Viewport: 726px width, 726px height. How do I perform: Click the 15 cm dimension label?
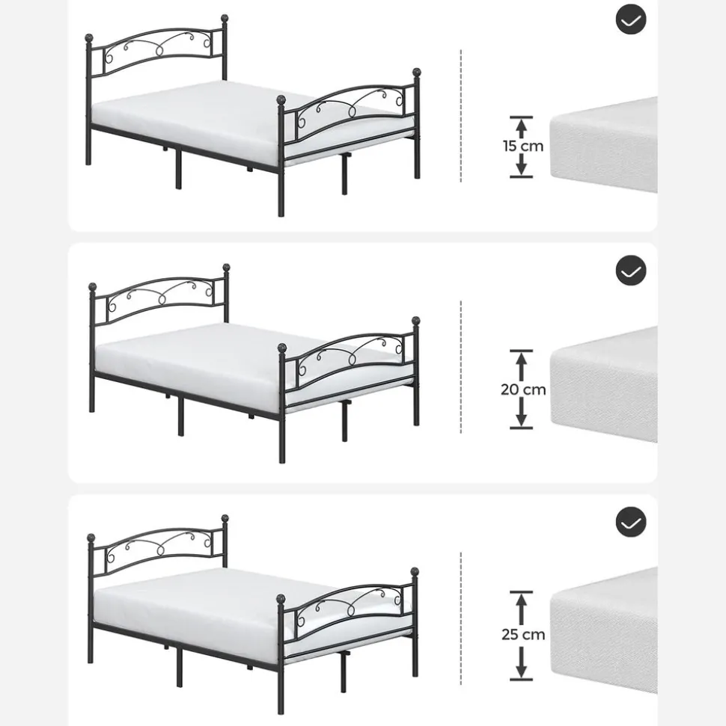(523, 146)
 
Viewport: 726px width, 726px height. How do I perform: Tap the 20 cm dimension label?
(523, 390)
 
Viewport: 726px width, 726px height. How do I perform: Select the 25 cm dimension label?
(523, 634)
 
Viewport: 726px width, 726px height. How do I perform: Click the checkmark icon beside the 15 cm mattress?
(630, 19)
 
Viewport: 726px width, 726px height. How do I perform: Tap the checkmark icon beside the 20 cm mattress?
(630, 271)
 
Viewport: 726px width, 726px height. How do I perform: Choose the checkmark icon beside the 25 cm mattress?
(630, 522)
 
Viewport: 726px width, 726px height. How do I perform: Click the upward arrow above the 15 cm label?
(521, 127)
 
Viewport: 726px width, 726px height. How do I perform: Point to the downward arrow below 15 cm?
(521, 166)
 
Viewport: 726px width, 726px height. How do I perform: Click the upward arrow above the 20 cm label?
(521, 365)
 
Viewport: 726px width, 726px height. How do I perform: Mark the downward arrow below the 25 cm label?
(521, 662)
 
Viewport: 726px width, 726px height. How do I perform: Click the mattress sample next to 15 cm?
(603, 145)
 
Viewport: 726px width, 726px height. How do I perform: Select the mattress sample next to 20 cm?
(603, 384)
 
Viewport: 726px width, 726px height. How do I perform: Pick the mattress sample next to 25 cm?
(603, 630)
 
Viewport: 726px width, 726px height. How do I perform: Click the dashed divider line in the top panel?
(461, 116)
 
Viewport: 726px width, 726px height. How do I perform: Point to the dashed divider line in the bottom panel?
(461, 618)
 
